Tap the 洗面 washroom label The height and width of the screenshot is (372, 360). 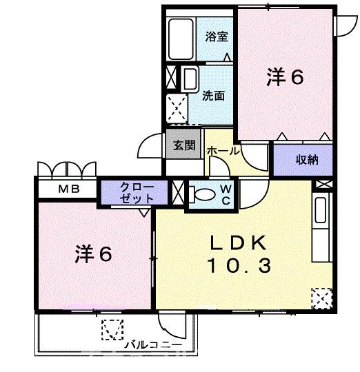[x=213, y=96]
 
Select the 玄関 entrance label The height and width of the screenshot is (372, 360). [x=184, y=145]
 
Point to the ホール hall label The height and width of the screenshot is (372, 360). [x=223, y=149]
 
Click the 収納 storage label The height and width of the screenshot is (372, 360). [x=307, y=160]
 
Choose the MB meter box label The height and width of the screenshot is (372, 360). [x=68, y=189]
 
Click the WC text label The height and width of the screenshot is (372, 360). [x=226, y=194]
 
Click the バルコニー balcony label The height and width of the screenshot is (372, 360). [x=153, y=342]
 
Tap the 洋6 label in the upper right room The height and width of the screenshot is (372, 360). [x=285, y=78]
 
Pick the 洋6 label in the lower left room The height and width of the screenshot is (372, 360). [x=94, y=255]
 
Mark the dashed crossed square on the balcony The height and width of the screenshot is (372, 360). [x=110, y=331]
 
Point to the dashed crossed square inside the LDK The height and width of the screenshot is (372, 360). [x=321, y=298]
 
